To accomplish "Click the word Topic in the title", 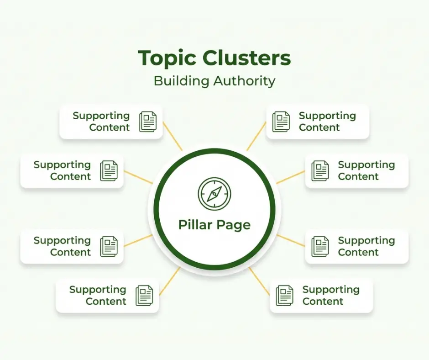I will (167, 59).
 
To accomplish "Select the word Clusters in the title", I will (246, 58).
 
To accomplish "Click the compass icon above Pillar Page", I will (214, 194).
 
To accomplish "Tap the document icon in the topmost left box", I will (148, 122).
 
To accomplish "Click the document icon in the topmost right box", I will (281, 122).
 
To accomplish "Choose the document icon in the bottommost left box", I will (144, 296).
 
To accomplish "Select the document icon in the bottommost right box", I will (284, 296).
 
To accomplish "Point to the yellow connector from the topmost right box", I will (256, 136).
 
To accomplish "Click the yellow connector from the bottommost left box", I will (169, 281).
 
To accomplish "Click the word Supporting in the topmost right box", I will (327, 116).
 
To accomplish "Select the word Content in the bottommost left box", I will (106, 302).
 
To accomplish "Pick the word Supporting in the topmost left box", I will (101, 116).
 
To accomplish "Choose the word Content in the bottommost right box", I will (323, 302).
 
